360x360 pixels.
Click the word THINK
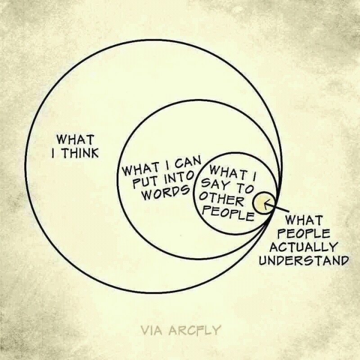click(80, 153)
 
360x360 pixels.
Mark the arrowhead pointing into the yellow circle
click(266, 205)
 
